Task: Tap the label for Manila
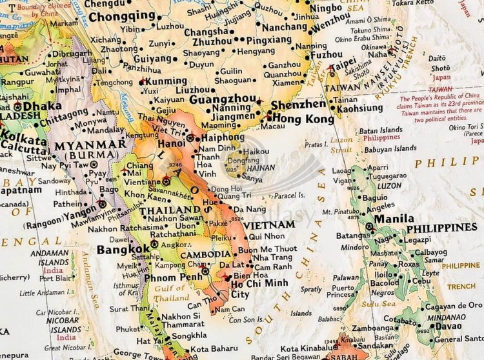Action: click(394, 219)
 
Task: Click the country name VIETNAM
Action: click(269, 225)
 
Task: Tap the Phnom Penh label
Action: click(173, 277)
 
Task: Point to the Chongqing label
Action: click(126, 15)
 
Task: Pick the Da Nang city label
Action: click(250, 209)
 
